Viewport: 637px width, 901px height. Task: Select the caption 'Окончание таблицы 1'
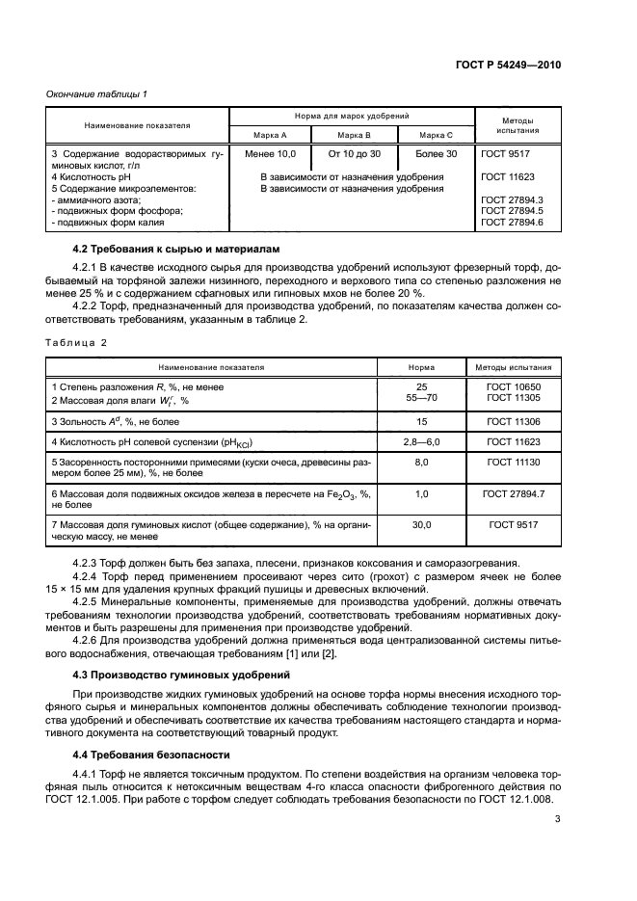97,93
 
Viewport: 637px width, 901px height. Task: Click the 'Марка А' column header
271,135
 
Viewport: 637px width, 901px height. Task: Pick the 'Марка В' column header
355,135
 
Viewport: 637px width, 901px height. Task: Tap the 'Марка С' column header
437,135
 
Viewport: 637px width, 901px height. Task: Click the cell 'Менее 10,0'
271,153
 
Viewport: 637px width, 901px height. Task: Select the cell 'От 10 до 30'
355,153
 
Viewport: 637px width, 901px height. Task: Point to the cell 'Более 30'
437,153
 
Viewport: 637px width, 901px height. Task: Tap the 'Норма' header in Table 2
421,367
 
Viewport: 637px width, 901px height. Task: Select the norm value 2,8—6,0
421,442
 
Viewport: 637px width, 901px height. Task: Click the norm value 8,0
421,463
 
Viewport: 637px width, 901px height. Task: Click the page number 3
557,820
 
